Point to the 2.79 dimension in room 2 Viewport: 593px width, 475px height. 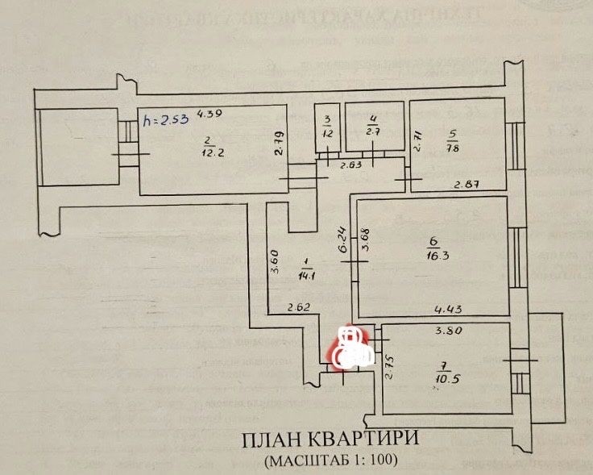[278, 143]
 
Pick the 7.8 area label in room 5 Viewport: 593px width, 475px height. [454, 148]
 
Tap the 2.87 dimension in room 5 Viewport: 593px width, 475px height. [466, 185]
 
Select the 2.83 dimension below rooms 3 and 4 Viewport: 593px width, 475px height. [350, 165]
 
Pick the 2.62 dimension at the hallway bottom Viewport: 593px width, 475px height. [300, 307]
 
